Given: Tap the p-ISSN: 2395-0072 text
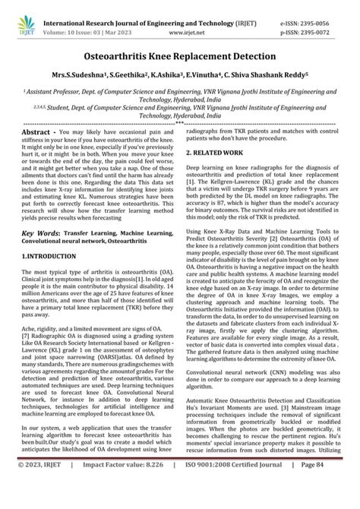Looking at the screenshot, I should click(324, 21).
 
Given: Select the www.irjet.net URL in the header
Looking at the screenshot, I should click(179, 22).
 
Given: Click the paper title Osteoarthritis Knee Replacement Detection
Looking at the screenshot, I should click(180, 56).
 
